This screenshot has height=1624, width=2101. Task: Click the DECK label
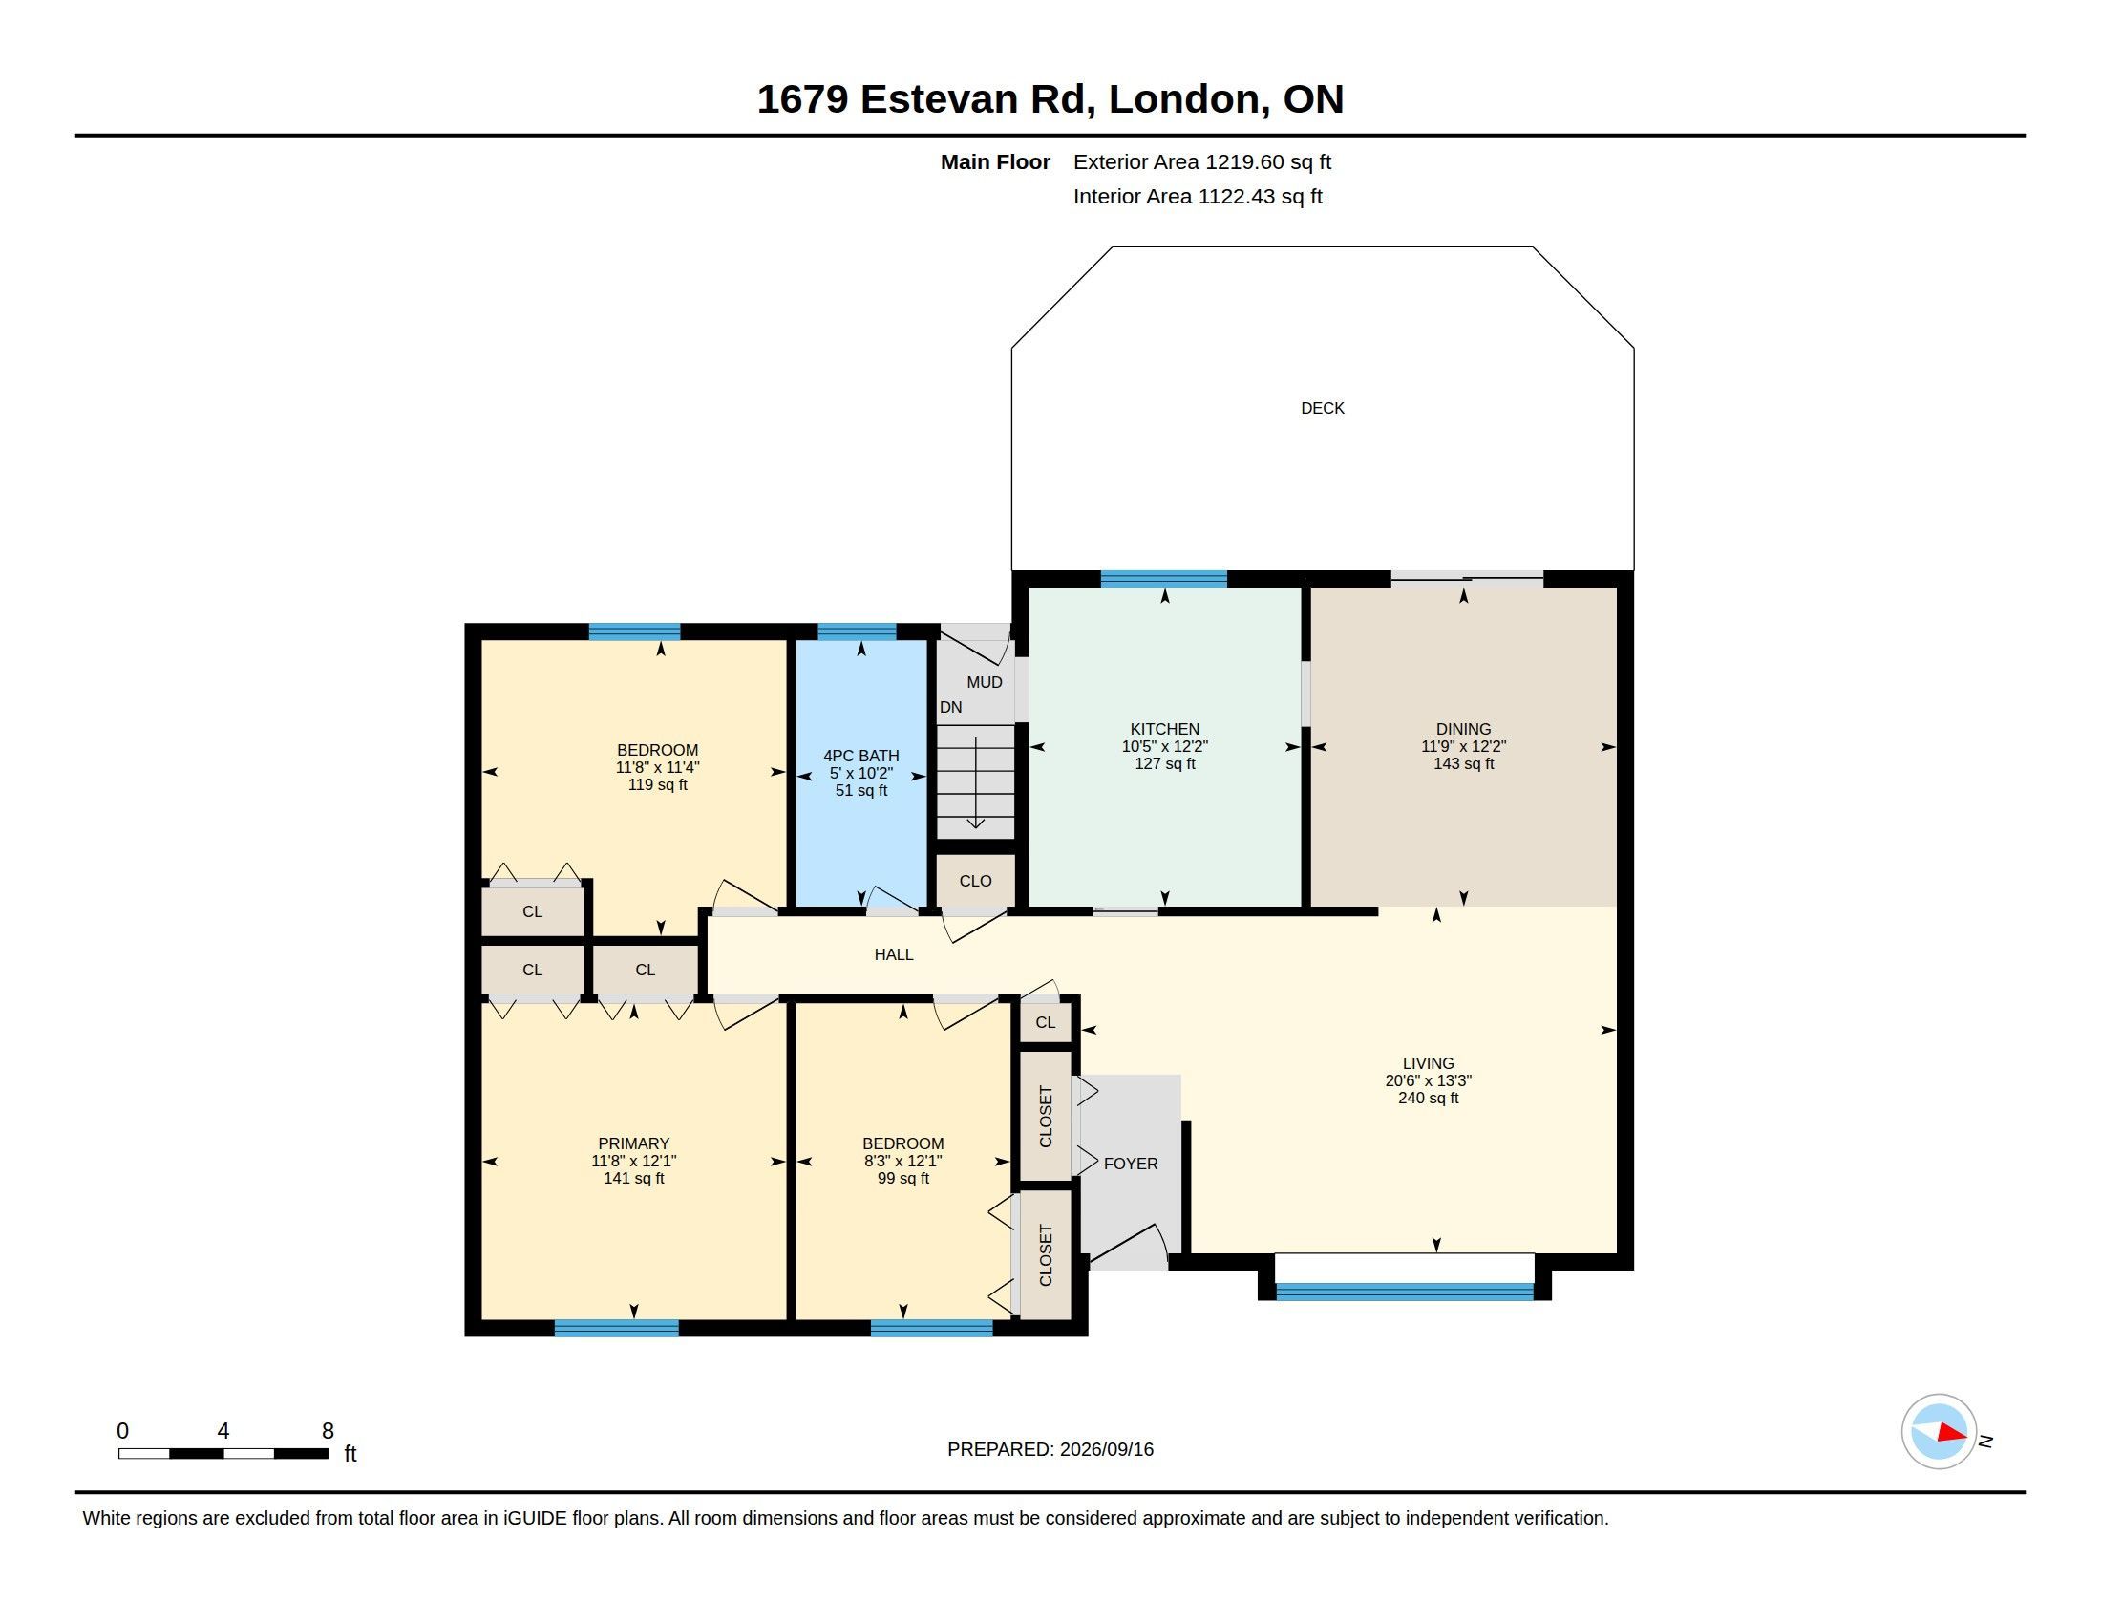1322,408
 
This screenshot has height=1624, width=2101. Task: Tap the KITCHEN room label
1164,729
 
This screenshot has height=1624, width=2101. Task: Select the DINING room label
1463,729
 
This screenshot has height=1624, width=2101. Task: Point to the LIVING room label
1428,1063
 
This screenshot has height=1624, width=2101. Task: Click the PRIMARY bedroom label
633,1143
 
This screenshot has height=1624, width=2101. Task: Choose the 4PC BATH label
861,757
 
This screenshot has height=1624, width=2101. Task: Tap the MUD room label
984,682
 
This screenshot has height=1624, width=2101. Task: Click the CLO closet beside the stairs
975,882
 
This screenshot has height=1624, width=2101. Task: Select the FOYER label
1131,1164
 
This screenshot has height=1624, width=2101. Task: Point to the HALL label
894,954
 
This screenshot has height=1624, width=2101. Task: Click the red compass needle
1952,1433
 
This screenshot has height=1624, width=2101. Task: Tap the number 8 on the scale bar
327,1431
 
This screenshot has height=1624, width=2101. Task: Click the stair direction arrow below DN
975,782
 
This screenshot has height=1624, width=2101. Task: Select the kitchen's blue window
1164,578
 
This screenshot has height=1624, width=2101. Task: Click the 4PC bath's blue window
857,632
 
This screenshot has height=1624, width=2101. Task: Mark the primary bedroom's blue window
617,1329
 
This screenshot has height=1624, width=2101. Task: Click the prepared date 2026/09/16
1106,1449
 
